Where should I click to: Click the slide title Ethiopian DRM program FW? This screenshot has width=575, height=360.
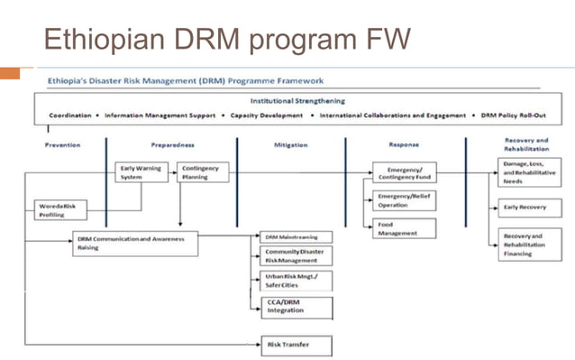pyautogui.click(x=226, y=39)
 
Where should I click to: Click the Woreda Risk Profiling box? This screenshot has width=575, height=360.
pyautogui.click(x=61, y=210)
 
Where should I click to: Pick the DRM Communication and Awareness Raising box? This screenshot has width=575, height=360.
pyautogui.click(x=134, y=243)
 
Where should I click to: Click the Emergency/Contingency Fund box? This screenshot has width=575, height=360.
pyautogui.click(x=404, y=172)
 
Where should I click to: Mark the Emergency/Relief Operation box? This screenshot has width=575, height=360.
pyautogui.click(x=404, y=200)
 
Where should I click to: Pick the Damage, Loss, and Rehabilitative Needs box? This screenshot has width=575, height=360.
pyautogui.click(x=530, y=172)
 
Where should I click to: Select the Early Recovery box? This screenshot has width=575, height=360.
pyautogui.click(x=530, y=206)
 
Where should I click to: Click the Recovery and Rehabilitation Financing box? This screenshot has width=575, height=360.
pyautogui.click(x=530, y=244)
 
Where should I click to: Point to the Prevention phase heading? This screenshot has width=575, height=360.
pyautogui.click(x=63, y=144)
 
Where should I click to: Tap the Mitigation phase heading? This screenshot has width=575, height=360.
pyautogui.click(x=290, y=144)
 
